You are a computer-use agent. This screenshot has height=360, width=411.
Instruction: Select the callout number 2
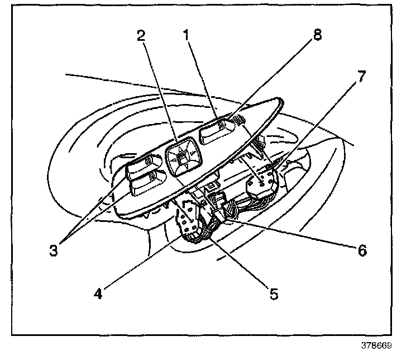click(142, 36)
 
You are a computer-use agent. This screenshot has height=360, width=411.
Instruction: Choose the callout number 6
click(361, 250)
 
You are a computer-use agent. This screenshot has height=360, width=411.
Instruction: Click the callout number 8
click(317, 35)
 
